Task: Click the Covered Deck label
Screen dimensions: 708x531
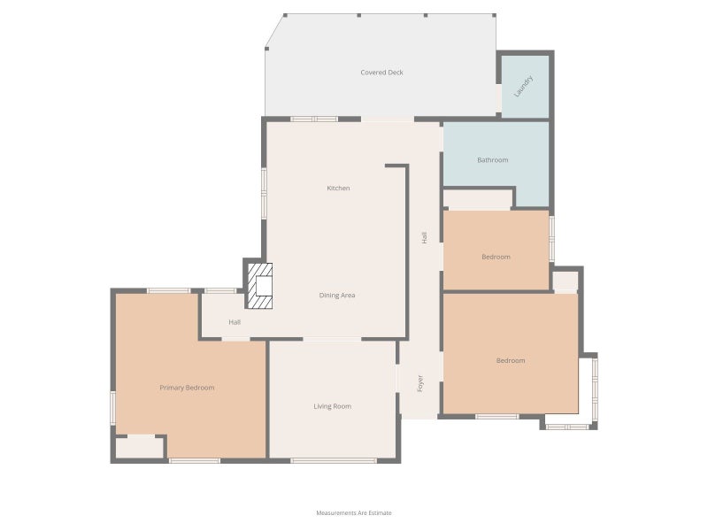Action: point(381,73)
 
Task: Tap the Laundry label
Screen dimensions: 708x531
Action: point(524,86)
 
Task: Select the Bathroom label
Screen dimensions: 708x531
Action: point(493,160)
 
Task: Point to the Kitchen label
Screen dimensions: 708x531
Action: point(338,188)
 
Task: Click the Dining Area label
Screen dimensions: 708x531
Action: point(337,296)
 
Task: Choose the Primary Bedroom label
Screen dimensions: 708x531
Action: point(187,388)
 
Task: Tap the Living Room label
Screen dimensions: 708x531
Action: point(333,406)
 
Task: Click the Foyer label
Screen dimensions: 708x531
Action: point(419,383)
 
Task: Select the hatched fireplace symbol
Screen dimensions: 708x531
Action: point(259,286)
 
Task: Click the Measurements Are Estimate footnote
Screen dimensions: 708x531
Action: point(354,513)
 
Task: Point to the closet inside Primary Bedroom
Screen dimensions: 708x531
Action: point(139,448)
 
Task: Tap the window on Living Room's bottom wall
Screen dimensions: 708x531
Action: point(334,460)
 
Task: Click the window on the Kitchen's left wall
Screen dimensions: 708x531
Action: point(264,194)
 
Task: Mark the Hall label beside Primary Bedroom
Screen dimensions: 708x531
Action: point(235,322)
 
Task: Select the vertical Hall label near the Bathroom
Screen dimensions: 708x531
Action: point(424,237)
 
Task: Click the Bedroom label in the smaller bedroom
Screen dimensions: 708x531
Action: point(496,257)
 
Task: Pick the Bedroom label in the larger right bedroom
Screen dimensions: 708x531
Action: point(511,360)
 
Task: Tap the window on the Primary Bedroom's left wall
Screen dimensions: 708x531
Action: point(113,408)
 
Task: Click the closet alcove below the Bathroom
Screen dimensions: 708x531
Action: point(477,200)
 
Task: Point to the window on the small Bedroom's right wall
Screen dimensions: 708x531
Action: point(551,239)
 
